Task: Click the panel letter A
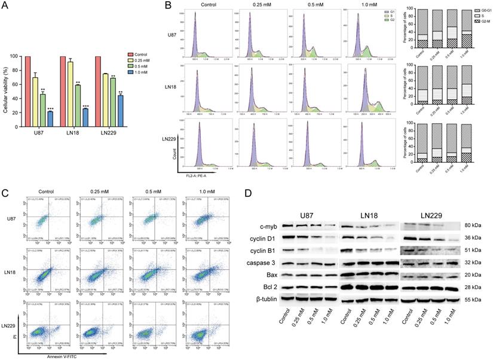[x=7, y=5]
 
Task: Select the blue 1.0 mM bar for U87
[x=50, y=122]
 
